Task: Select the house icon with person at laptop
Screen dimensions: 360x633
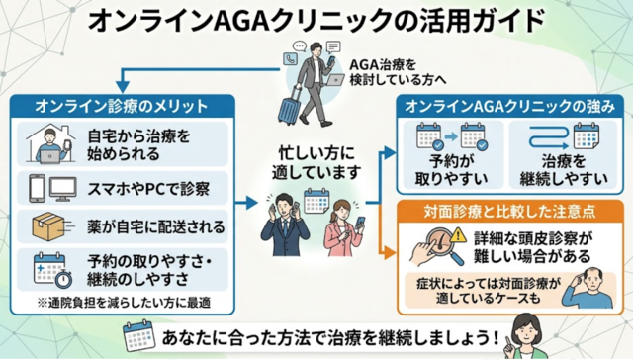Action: [x=45, y=140]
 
